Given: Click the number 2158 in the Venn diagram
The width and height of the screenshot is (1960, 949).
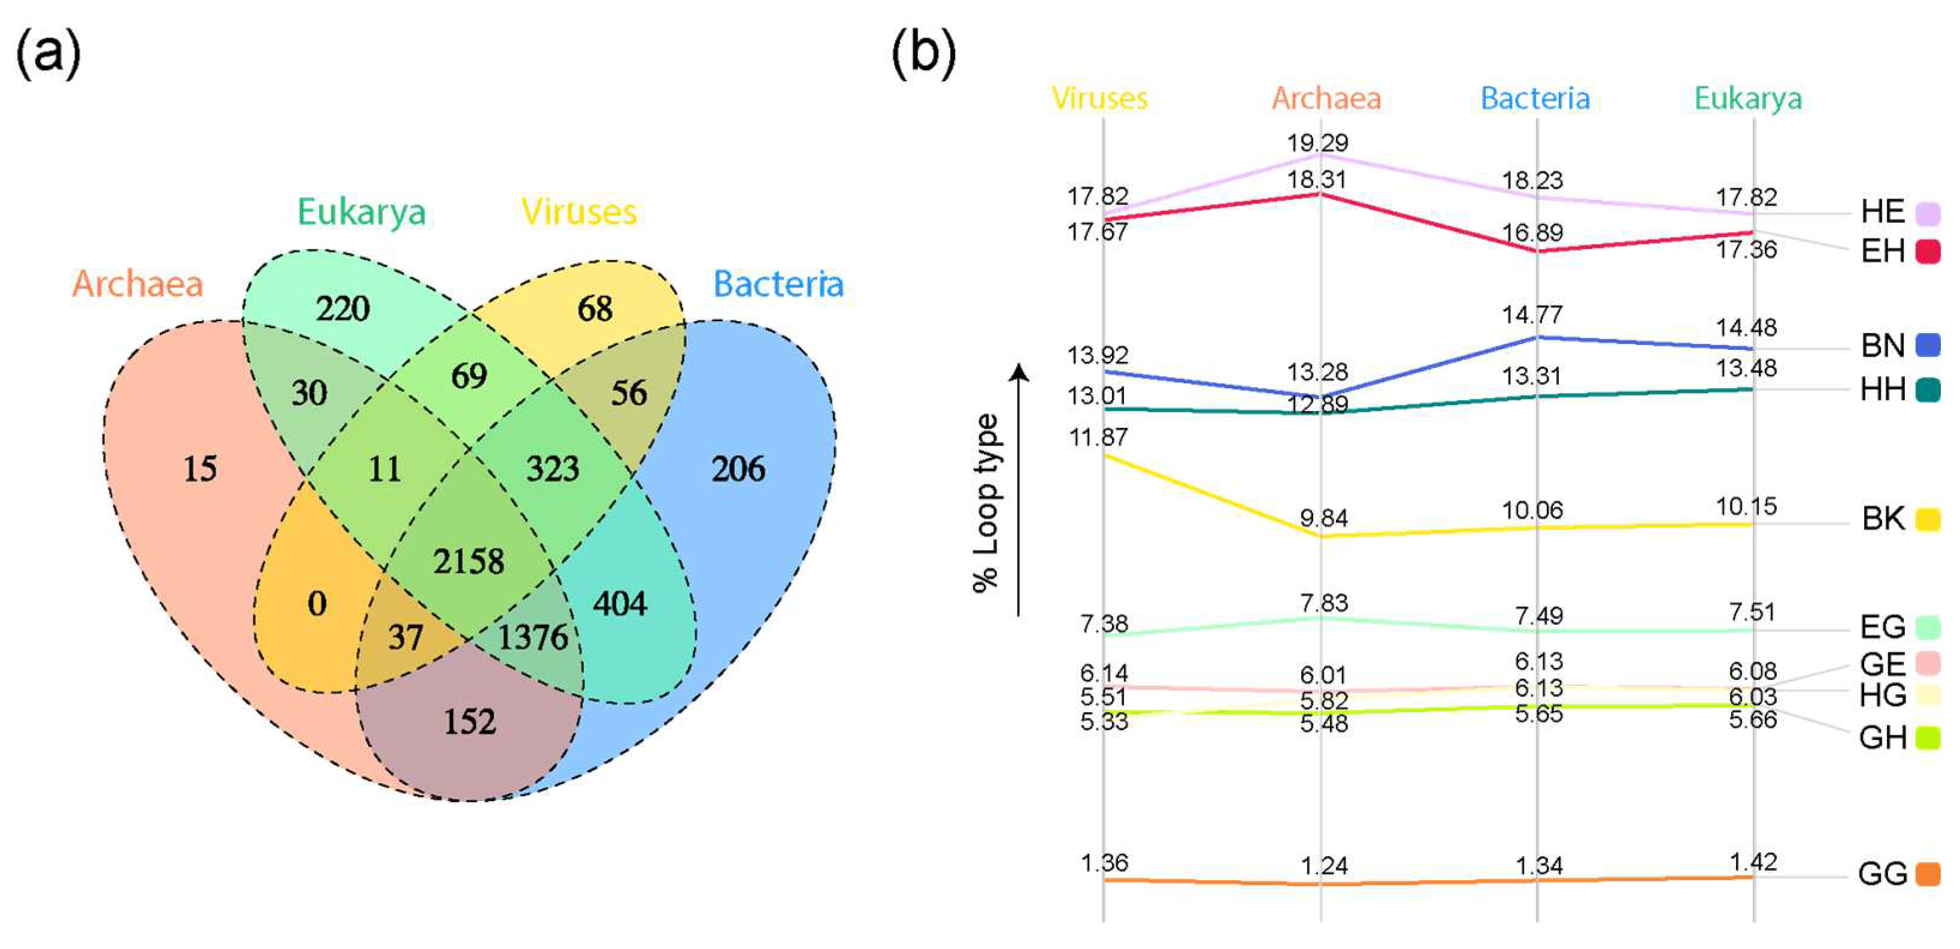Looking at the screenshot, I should (469, 561).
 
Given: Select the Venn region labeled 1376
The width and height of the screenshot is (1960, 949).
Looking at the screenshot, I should (532, 637).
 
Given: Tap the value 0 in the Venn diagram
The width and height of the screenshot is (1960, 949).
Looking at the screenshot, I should (317, 603).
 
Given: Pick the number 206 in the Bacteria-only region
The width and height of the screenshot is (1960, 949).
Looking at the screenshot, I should (738, 469).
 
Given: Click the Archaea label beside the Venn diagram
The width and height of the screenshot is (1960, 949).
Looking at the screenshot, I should (138, 284).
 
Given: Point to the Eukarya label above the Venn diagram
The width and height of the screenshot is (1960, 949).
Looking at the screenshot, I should (362, 211).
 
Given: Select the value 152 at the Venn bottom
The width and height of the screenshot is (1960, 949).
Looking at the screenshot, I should (469, 721).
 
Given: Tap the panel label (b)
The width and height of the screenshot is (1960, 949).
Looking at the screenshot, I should (923, 53).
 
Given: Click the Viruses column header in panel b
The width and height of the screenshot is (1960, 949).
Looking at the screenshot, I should (1099, 98).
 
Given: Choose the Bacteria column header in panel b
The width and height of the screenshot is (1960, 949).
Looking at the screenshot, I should (1535, 98).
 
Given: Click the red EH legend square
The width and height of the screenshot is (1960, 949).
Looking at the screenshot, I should (1927, 251).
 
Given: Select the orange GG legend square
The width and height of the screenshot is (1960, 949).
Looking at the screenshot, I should (1927, 874).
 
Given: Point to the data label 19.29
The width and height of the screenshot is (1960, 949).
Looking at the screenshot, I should (1317, 143).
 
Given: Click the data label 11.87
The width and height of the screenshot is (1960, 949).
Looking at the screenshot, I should (1098, 437).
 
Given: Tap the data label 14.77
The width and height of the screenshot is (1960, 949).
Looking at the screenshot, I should (1532, 315).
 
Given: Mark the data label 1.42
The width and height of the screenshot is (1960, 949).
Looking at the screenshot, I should (1753, 862).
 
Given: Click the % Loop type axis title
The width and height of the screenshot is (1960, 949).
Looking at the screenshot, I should (986, 502).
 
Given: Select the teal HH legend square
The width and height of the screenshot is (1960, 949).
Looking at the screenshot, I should (1927, 389).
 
